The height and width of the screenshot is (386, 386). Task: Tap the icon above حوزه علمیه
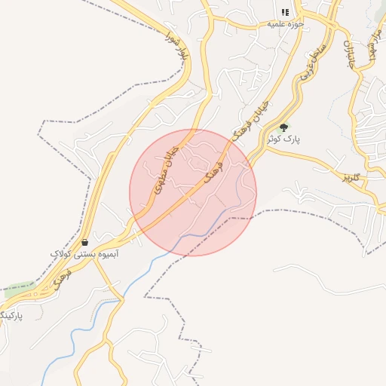point(284,12)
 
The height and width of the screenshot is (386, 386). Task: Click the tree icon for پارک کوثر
point(283,128)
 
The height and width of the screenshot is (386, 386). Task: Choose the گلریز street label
point(352,178)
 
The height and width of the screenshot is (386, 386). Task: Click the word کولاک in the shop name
point(60,255)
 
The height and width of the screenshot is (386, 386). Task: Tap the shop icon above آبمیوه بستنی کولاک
point(84,243)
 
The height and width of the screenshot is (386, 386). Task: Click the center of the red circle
point(193,192)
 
